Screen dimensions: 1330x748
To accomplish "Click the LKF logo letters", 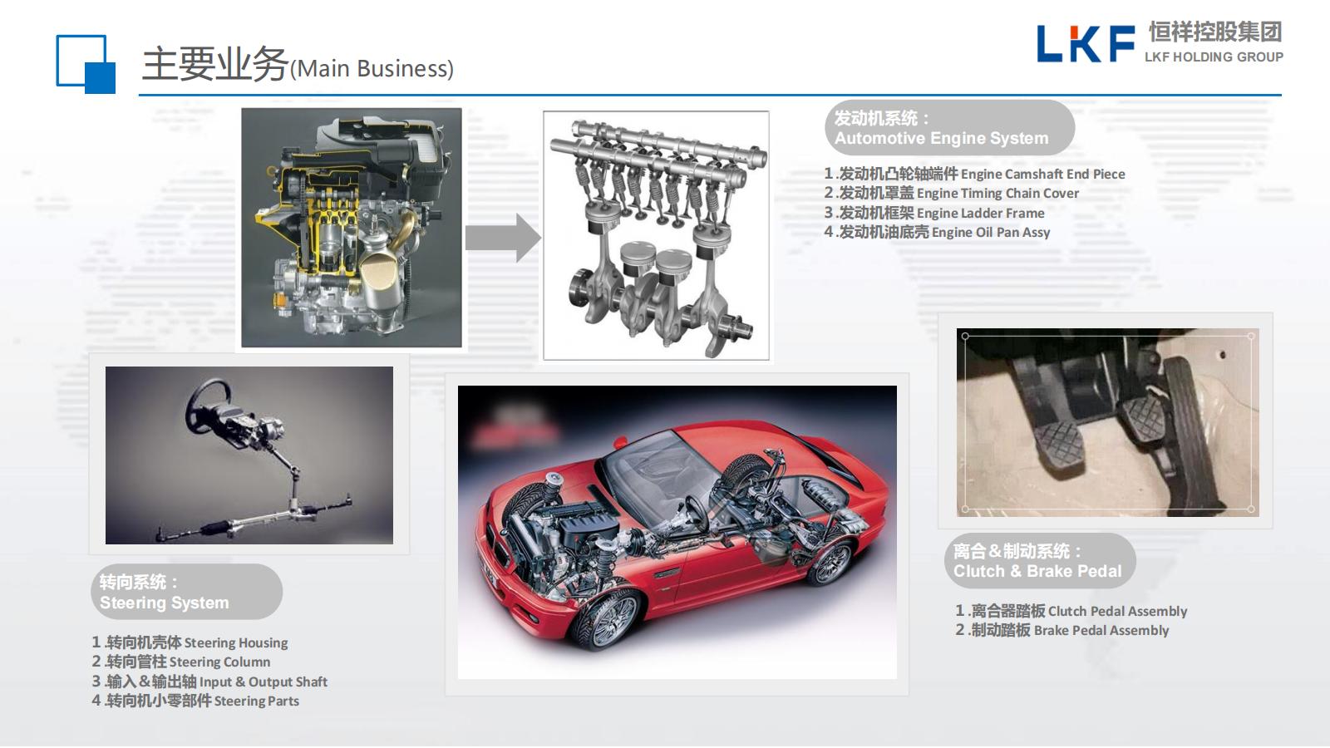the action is (1086, 43).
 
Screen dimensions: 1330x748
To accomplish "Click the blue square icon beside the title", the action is (86, 64).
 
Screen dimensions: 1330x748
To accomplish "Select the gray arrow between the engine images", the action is (503, 238).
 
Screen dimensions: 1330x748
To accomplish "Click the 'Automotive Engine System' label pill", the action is (949, 128).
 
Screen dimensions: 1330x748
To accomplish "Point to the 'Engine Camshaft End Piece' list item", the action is (974, 174).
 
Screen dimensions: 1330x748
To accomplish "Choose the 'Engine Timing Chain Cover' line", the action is (951, 193).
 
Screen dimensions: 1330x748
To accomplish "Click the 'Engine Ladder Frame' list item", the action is (934, 213).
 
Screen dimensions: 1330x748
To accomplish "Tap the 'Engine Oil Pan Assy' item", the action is (937, 232).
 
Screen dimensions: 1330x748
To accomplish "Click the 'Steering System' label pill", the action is (186, 592).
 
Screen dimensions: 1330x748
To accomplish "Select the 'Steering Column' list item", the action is (181, 662).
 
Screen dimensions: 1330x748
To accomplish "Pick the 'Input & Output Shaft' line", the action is (209, 681).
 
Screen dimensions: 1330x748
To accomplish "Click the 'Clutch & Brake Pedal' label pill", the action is (1040, 561).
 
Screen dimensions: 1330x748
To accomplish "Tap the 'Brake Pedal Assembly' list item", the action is (1062, 630).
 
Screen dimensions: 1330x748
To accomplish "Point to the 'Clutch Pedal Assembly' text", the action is (1071, 611).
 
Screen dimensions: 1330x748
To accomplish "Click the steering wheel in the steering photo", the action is (207, 402).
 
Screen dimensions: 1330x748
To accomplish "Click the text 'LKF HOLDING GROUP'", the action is (1214, 57).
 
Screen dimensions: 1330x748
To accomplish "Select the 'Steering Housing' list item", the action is (190, 642).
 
